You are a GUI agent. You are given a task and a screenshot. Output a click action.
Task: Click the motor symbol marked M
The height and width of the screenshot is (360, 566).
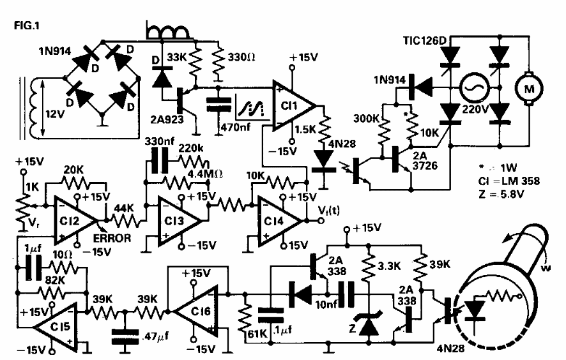coord(529,90)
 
